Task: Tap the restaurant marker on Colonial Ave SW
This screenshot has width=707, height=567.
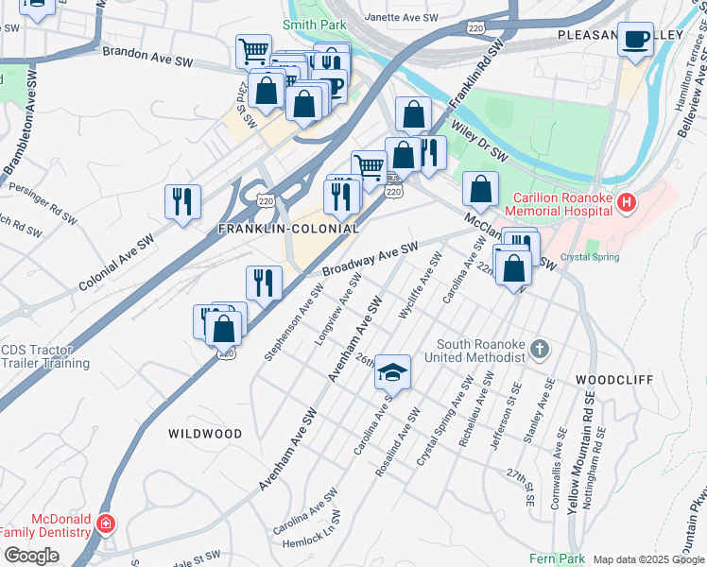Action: [182, 201]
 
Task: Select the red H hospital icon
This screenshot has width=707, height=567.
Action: [626, 202]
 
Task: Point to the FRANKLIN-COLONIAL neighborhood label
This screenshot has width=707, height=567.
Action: [288, 229]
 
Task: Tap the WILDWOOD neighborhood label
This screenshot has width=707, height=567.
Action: [205, 434]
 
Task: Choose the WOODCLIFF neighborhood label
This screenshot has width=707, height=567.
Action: [614, 379]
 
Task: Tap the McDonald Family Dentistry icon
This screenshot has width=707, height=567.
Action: [106, 523]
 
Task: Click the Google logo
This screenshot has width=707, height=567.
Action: [31, 556]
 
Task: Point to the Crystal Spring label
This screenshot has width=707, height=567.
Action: [590, 257]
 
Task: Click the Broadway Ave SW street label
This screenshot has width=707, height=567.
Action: [370, 259]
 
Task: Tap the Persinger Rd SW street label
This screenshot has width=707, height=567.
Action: [43, 201]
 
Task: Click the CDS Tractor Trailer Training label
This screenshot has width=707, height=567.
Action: [45, 356]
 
